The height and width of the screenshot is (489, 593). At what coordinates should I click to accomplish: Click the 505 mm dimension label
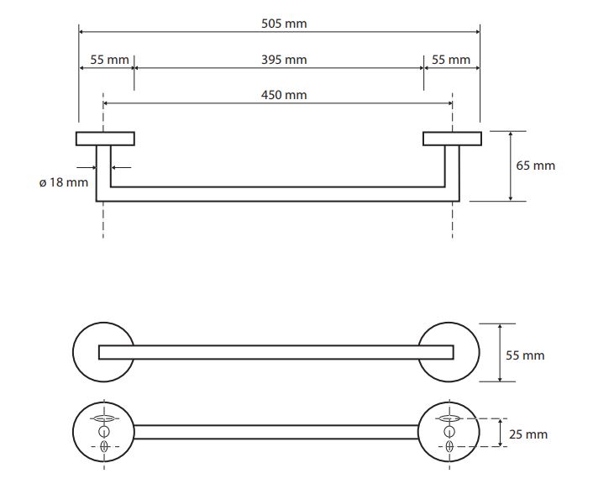[284, 24]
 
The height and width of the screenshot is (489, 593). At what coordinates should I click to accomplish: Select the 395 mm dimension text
[284, 60]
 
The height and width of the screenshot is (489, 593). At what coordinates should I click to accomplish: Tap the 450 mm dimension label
[284, 95]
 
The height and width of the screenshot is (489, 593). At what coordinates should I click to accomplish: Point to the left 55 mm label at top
[110, 60]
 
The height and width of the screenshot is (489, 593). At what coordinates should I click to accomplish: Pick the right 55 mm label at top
[451, 60]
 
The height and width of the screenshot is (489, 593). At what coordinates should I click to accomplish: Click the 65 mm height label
[536, 166]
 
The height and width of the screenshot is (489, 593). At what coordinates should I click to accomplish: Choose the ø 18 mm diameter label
[64, 182]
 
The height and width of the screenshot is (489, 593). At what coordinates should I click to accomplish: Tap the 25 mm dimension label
[528, 434]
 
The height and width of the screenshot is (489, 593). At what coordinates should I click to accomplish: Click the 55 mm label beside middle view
[525, 355]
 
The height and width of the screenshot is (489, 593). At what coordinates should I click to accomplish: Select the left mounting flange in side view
[105, 139]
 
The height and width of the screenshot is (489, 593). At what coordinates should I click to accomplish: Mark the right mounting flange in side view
[453, 139]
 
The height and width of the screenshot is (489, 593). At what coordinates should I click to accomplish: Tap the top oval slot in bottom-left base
[104, 418]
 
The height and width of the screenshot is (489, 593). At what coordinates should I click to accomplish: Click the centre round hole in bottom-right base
[449, 432]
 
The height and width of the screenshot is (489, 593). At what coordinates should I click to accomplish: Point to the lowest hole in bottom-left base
[104, 447]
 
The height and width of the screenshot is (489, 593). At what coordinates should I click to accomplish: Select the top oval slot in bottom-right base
[449, 418]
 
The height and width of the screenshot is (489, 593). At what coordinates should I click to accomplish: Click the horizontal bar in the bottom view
[276, 432]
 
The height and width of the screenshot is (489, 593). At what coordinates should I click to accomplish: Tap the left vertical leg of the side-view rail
[103, 173]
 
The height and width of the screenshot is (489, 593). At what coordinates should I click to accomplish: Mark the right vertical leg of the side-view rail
[453, 173]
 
